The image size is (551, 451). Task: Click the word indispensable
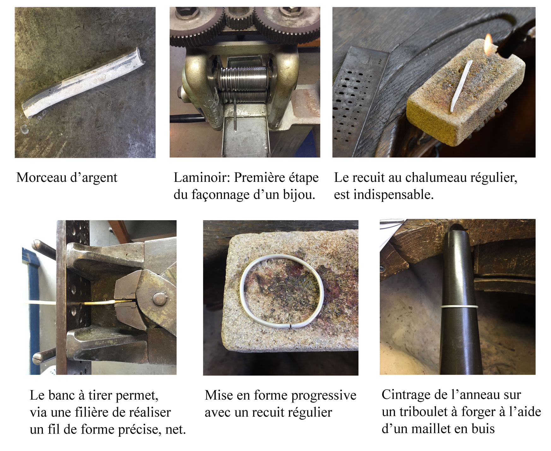pyautogui.click(x=393, y=195)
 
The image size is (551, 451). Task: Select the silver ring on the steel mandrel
pyautogui.click(x=459, y=306)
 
